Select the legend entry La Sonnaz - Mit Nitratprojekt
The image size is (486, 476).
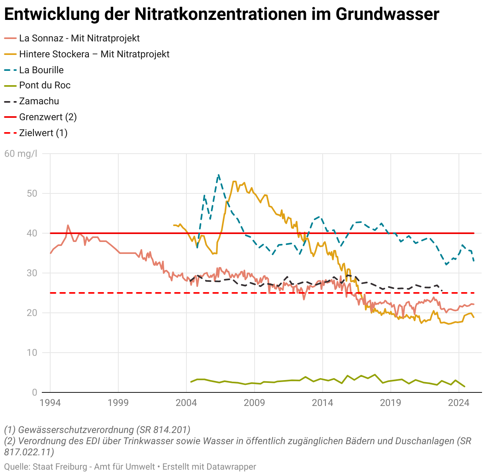(x=79, y=38)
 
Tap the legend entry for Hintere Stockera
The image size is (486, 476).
(x=94, y=54)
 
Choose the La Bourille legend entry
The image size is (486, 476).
(x=41, y=70)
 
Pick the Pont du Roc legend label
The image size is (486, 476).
(x=45, y=85)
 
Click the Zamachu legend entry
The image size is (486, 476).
(x=39, y=101)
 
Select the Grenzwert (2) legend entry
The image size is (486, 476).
(x=48, y=117)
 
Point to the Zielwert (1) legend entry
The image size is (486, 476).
(x=43, y=133)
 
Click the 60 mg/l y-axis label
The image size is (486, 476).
(x=21, y=154)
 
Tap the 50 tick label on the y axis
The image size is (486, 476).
(x=32, y=193)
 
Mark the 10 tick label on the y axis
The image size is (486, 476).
(x=32, y=353)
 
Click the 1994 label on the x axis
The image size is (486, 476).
(x=50, y=402)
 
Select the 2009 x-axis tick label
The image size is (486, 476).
(x=254, y=402)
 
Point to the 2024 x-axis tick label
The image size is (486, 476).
(x=459, y=402)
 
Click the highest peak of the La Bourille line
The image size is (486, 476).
(x=218, y=175)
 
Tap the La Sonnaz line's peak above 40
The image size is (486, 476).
(x=68, y=225)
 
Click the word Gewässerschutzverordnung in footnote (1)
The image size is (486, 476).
(x=76, y=430)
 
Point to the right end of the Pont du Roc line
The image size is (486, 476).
(x=464, y=386)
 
